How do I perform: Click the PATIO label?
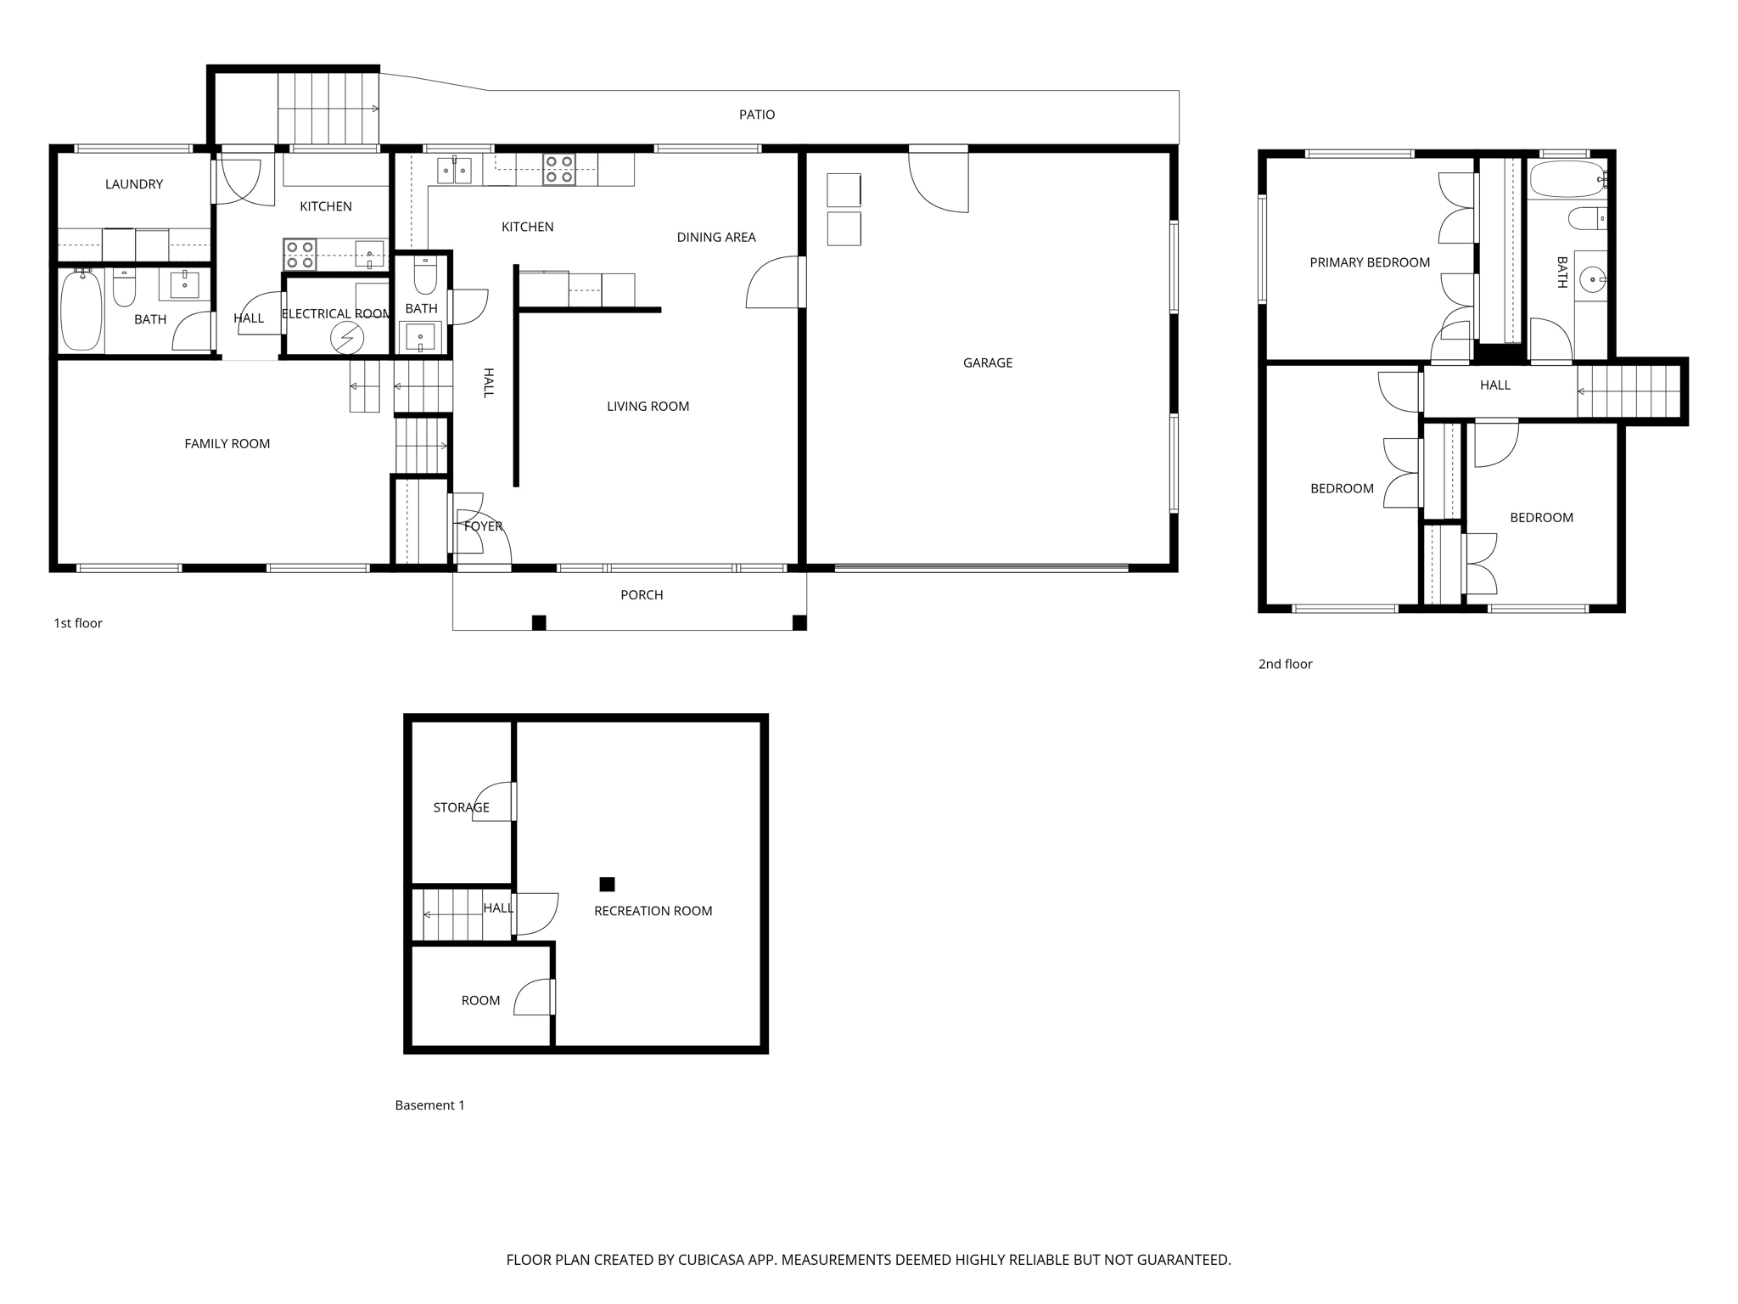click(756, 115)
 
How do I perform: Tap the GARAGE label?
click(987, 363)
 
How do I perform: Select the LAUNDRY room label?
click(134, 184)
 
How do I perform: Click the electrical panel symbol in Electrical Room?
click(347, 339)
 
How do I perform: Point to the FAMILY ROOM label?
click(227, 443)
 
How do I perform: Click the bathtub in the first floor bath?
click(81, 311)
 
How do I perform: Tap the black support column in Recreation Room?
click(607, 884)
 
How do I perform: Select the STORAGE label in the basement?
click(461, 807)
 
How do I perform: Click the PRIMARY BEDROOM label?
click(1369, 262)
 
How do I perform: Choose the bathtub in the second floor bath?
click(1567, 180)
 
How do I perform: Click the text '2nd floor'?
click(1285, 664)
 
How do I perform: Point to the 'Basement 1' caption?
click(429, 1105)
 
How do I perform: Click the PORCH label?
click(641, 595)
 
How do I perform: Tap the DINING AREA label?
click(715, 237)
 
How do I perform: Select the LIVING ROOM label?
click(648, 406)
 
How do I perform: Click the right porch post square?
click(799, 623)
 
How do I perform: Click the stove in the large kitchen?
click(559, 170)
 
